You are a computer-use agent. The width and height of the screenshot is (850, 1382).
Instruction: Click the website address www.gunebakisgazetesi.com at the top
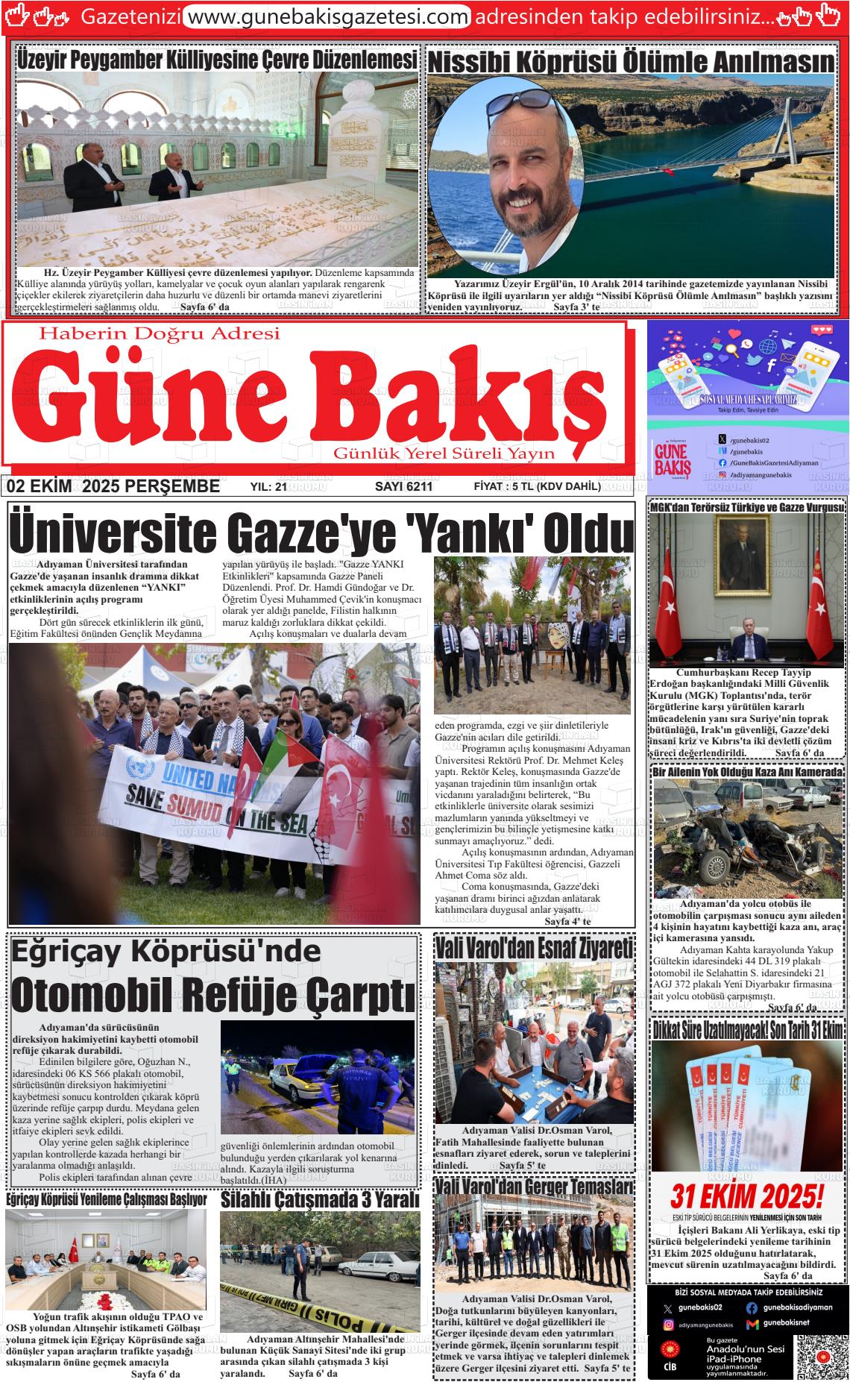(327, 16)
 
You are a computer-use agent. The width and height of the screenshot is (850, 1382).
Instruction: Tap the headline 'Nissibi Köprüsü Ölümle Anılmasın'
(631, 63)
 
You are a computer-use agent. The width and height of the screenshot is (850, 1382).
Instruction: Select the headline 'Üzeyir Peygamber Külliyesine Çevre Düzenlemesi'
(217, 60)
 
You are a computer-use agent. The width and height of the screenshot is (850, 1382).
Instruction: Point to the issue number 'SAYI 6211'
(403, 487)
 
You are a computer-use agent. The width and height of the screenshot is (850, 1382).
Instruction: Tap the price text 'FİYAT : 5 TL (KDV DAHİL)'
(537, 487)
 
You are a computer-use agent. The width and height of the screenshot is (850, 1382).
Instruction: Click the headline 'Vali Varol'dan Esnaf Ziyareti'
(534, 949)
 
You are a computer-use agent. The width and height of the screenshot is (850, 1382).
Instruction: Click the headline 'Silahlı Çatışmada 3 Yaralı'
(320, 1199)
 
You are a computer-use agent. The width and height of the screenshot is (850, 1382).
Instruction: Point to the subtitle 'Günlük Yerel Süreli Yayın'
(444, 453)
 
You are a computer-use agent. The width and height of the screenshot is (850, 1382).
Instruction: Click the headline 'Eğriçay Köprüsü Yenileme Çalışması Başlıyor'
(106, 1200)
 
